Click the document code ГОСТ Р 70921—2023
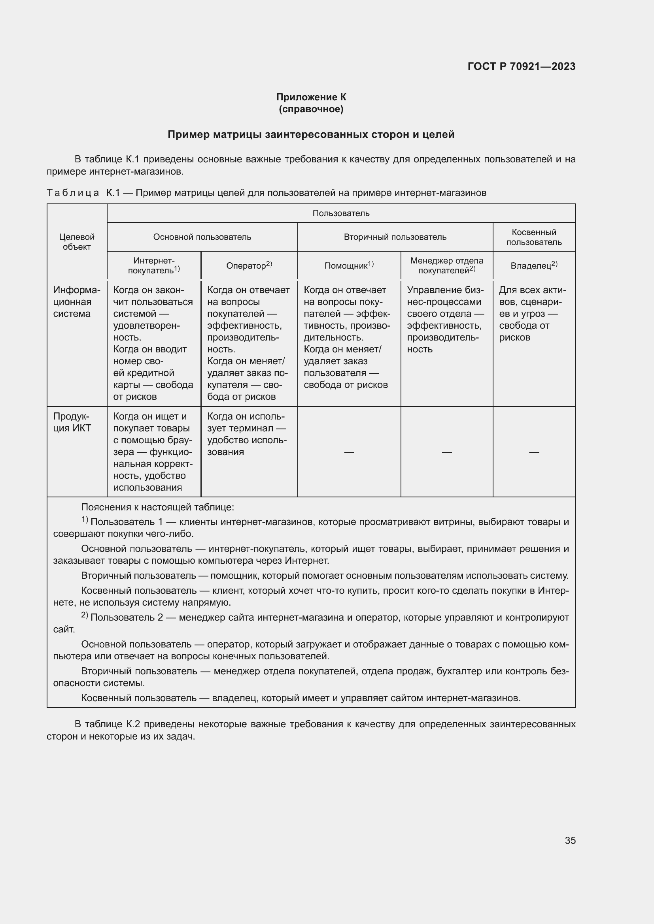click(x=521, y=66)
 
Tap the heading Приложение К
click(x=311, y=97)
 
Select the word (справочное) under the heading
click(x=311, y=109)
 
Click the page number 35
click(x=570, y=840)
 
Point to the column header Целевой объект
click(x=77, y=242)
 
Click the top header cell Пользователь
click(x=341, y=213)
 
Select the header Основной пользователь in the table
click(x=202, y=237)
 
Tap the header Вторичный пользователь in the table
click(x=395, y=237)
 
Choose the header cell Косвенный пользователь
click(x=533, y=237)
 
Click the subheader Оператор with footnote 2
click(x=249, y=265)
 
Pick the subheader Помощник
click(x=349, y=265)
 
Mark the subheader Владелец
click(x=533, y=265)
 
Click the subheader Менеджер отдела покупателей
click(x=446, y=265)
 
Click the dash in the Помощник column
click(x=349, y=452)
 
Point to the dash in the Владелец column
click(x=533, y=452)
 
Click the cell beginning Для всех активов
click(x=532, y=314)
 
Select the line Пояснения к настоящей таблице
click(x=157, y=507)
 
